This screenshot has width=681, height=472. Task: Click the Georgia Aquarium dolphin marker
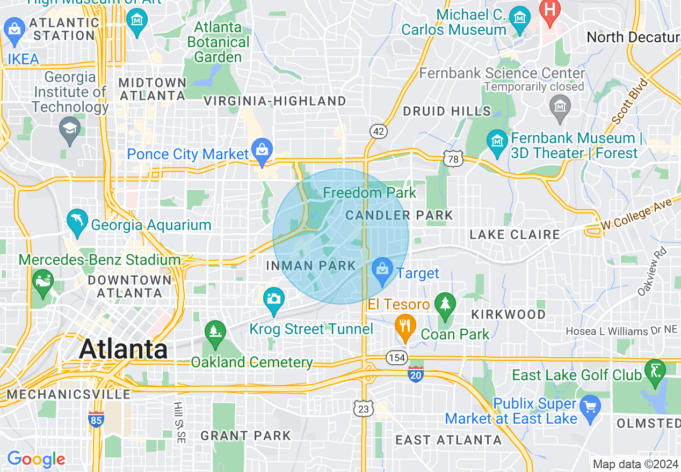click(x=77, y=222)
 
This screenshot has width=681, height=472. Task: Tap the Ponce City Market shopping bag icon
click(x=262, y=152)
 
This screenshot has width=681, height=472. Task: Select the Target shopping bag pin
click(x=382, y=270)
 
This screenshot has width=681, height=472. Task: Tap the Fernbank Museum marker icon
click(x=497, y=141)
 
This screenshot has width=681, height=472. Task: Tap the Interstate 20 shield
click(x=415, y=374)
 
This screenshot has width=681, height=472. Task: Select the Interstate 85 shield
click(x=96, y=419)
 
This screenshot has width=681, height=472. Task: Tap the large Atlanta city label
click(x=124, y=349)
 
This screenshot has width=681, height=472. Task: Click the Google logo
click(x=36, y=460)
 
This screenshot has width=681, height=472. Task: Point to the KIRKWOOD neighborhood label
click(x=508, y=314)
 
